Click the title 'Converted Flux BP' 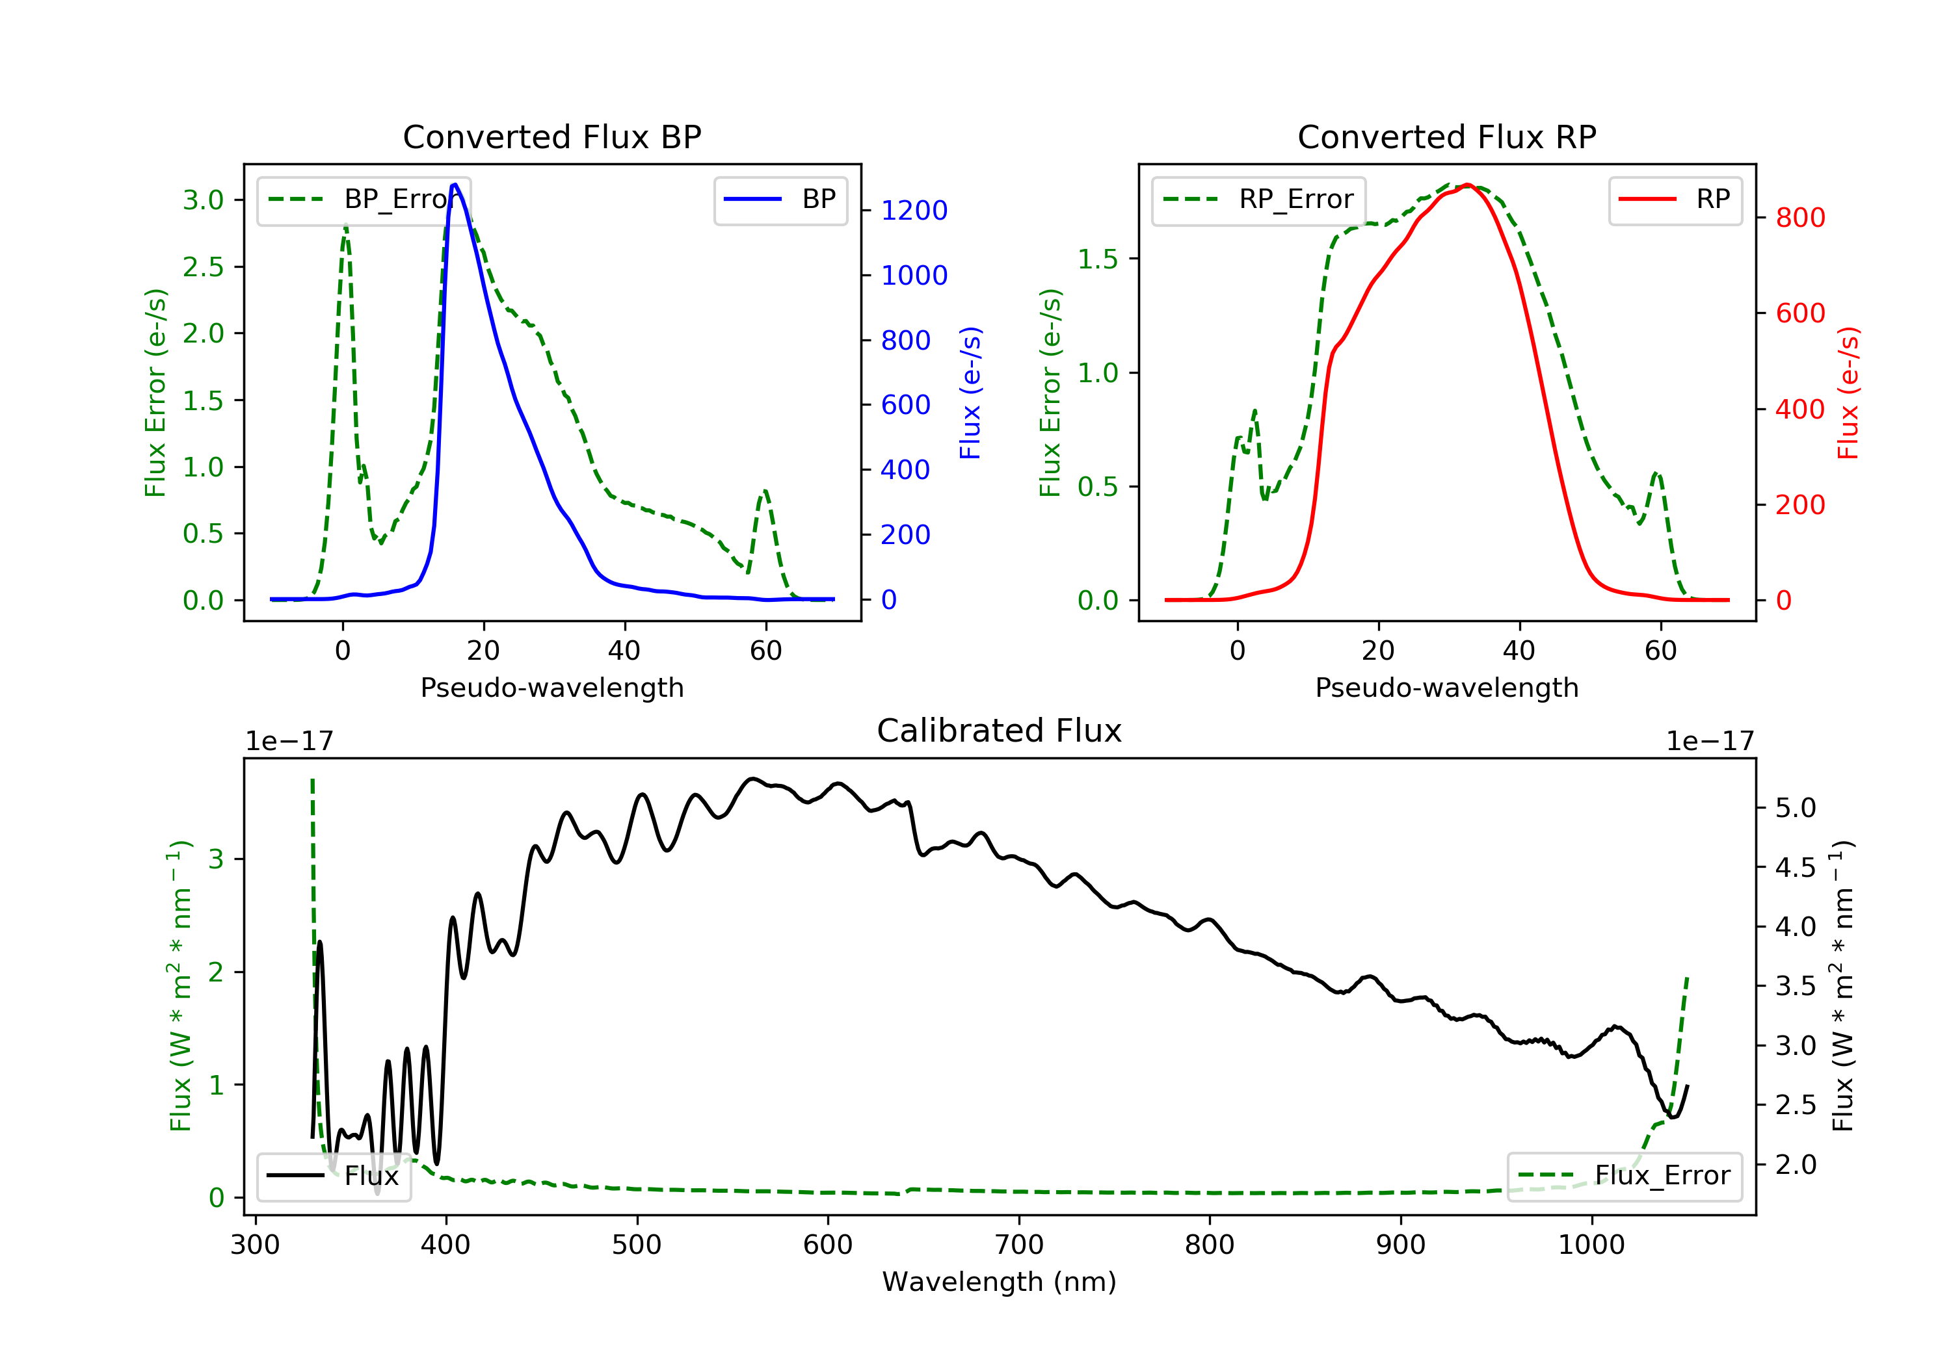[552, 136]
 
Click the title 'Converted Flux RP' [1447, 136]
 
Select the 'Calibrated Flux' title [1000, 731]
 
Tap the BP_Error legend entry [364, 200]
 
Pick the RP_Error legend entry [1258, 200]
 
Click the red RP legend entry [1675, 200]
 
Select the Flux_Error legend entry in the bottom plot [1625, 1176]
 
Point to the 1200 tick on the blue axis [914, 210]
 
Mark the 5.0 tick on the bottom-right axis [1796, 808]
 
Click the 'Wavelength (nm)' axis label [1000, 1282]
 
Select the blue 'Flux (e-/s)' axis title [970, 393]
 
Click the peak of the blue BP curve [455, 185]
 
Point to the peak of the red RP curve [1468, 185]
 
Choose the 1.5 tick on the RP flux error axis [1098, 259]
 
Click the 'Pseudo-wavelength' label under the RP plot [1447, 687]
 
